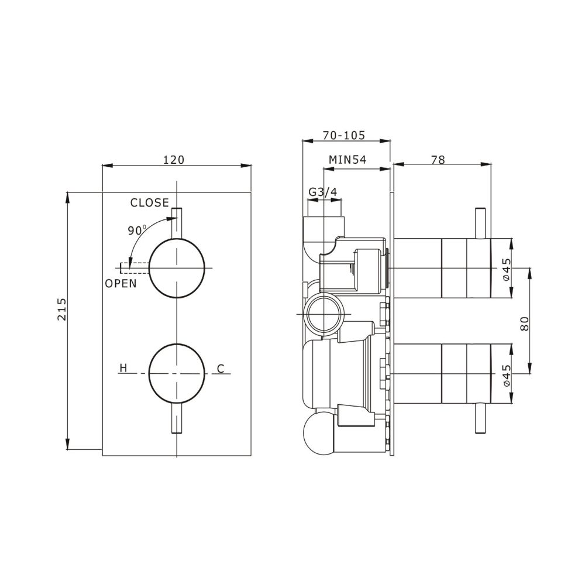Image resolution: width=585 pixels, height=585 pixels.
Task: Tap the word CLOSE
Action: pyautogui.click(x=149, y=203)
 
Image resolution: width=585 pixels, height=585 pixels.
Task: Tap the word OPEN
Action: pyautogui.click(x=121, y=284)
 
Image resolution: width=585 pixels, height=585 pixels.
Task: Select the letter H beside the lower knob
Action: pyautogui.click(x=123, y=368)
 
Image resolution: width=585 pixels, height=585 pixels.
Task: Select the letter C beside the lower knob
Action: pyautogui.click(x=221, y=369)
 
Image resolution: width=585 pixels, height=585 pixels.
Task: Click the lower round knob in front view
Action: pyautogui.click(x=177, y=373)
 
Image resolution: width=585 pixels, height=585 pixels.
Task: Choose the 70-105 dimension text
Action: pyautogui.click(x=343, y=135)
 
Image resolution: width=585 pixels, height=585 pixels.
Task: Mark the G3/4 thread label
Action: pyautogui.click(x=322, y=192)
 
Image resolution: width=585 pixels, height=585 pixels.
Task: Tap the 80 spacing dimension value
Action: pyautogui.click(x=525, y=324)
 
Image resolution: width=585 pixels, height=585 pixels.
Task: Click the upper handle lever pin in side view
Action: pyautogui.click(x=480, y=223)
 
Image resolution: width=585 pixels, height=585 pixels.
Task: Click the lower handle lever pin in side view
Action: pyautogui.click(x=480, y=418)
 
